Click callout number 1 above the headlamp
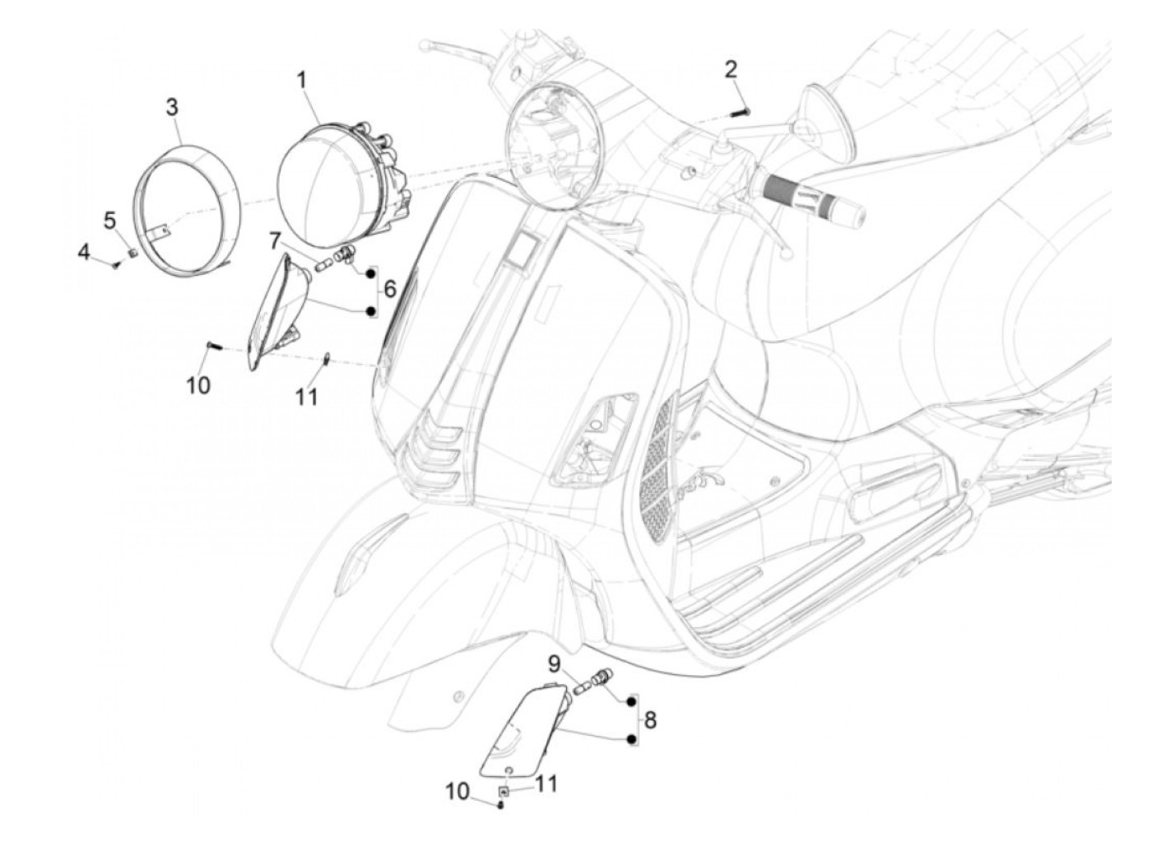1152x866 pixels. point(302,81)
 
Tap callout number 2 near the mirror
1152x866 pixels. point(731,69)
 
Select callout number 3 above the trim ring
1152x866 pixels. point(172,107)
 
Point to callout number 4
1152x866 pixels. point(84,252)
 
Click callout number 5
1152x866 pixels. point(110,220)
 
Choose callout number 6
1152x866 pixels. point(390,289)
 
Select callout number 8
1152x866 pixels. point(651,720)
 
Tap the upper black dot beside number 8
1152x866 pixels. point(631,701)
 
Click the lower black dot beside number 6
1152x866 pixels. point(371,311)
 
